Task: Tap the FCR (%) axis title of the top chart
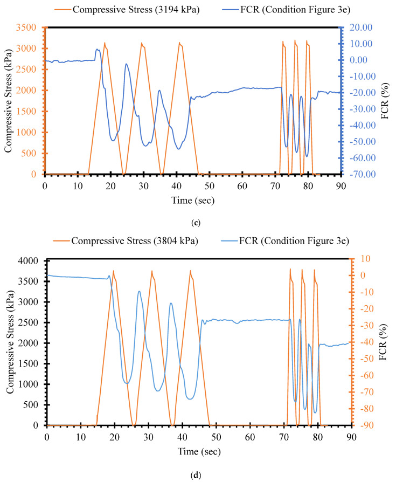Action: (x=385, y=100)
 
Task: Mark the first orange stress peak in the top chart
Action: (x=105, y=44)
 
